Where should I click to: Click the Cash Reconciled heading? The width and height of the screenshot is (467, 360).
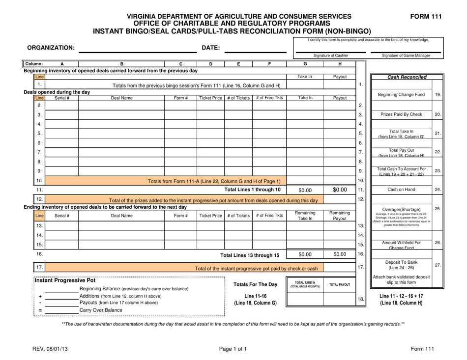click(407, 77)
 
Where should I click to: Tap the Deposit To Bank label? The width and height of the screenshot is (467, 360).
click(401, 264)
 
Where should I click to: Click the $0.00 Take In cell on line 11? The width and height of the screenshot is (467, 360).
click(305, 190)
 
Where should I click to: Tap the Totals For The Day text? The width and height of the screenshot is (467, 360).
click(256, 284)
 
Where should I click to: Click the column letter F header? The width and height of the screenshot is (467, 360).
click(269, 63)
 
